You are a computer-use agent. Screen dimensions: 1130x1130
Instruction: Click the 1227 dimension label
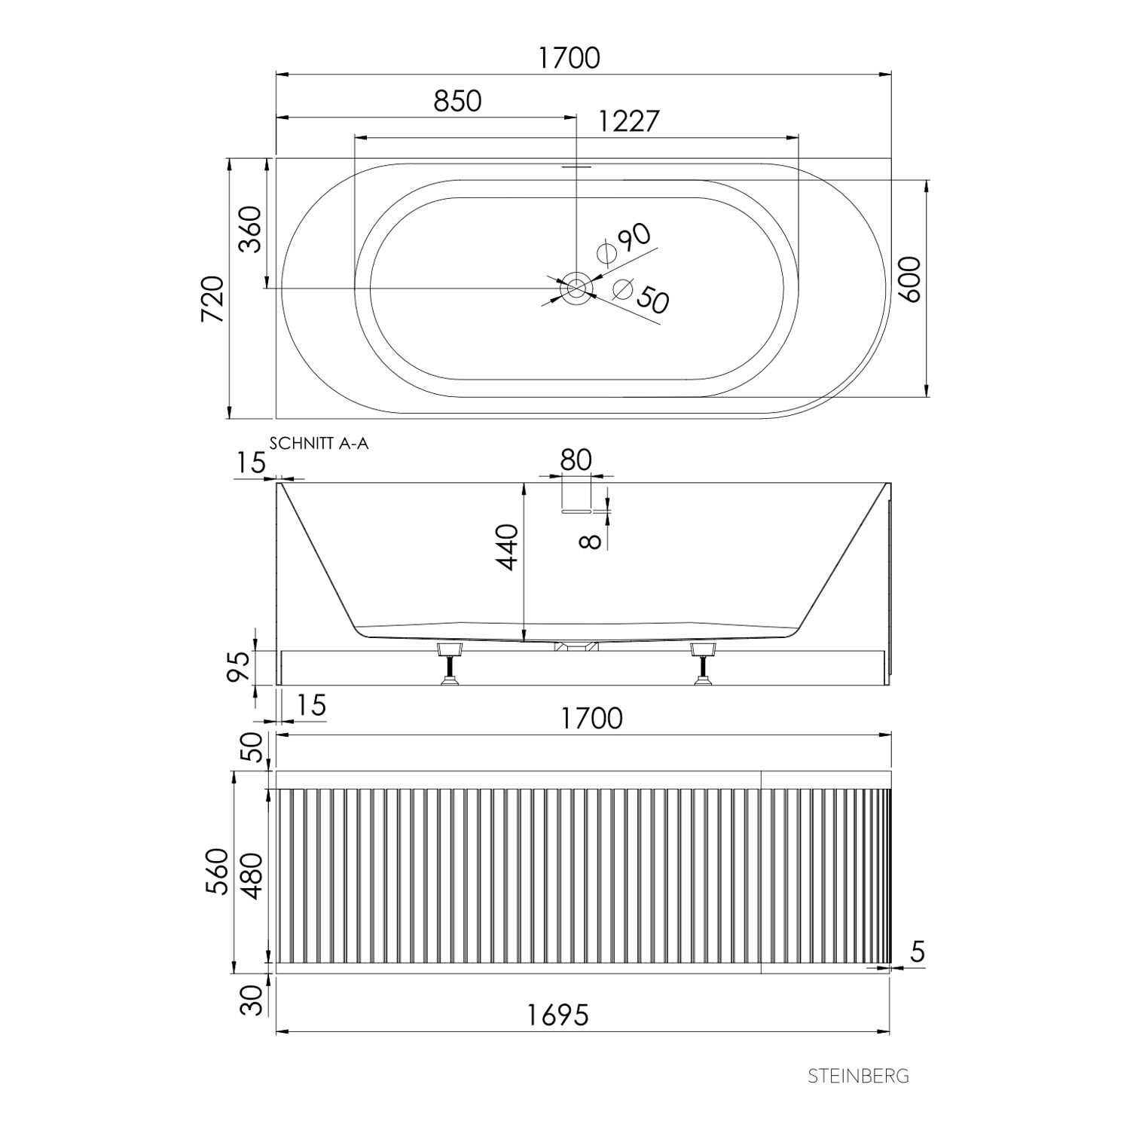pyautogui.click(x=629, y=121)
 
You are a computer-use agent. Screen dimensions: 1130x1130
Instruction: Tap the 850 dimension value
pyautogui.click(x=457, y=101)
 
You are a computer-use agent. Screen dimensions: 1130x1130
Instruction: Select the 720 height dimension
pyautogui.click(x=213, y=300)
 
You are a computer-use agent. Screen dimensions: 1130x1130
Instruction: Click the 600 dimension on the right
pyautogui.click(x=910, y=279)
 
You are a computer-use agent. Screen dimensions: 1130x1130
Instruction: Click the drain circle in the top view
pyautogui.click(x=576, y=289)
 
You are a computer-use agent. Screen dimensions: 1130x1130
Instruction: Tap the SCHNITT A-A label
pyautogui.click(x=319, y=444)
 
